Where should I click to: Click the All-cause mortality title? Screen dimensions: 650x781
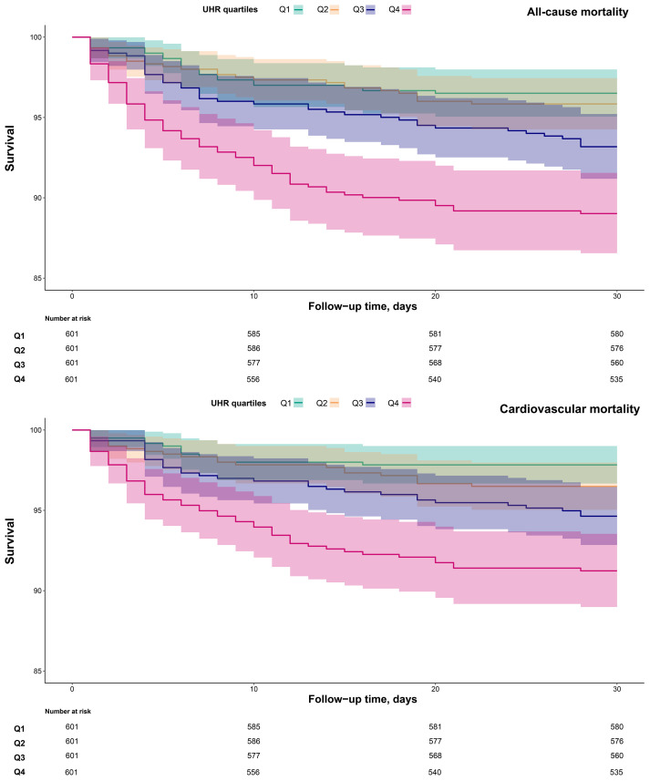(577, 12)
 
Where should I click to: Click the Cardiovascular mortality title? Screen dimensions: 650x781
(570, 409)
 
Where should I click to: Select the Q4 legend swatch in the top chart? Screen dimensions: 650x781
(407, 9)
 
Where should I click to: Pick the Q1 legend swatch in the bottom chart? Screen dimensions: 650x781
(298, 403)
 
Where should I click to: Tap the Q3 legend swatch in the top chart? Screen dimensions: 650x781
(370, 9)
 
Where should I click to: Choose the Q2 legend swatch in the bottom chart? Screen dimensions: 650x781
(335, 403)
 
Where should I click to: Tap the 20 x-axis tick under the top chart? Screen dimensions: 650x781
(436, 296)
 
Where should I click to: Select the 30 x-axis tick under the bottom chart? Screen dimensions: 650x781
(617, 689)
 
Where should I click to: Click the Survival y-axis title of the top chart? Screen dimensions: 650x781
(9, 149)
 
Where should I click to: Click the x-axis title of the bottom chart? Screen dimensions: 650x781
(363, 699)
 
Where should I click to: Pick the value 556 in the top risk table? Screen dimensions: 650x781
(253, 379)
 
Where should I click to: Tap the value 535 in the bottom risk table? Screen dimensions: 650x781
(616, 772)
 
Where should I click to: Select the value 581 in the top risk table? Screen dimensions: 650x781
(436, 334)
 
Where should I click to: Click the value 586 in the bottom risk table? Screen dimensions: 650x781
(253, 742)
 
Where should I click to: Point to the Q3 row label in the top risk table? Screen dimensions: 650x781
(19, 365)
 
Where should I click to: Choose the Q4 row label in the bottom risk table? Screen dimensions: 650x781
(19, 772)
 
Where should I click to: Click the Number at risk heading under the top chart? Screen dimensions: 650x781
(67, 319)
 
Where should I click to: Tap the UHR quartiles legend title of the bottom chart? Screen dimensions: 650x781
(239, 403)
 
